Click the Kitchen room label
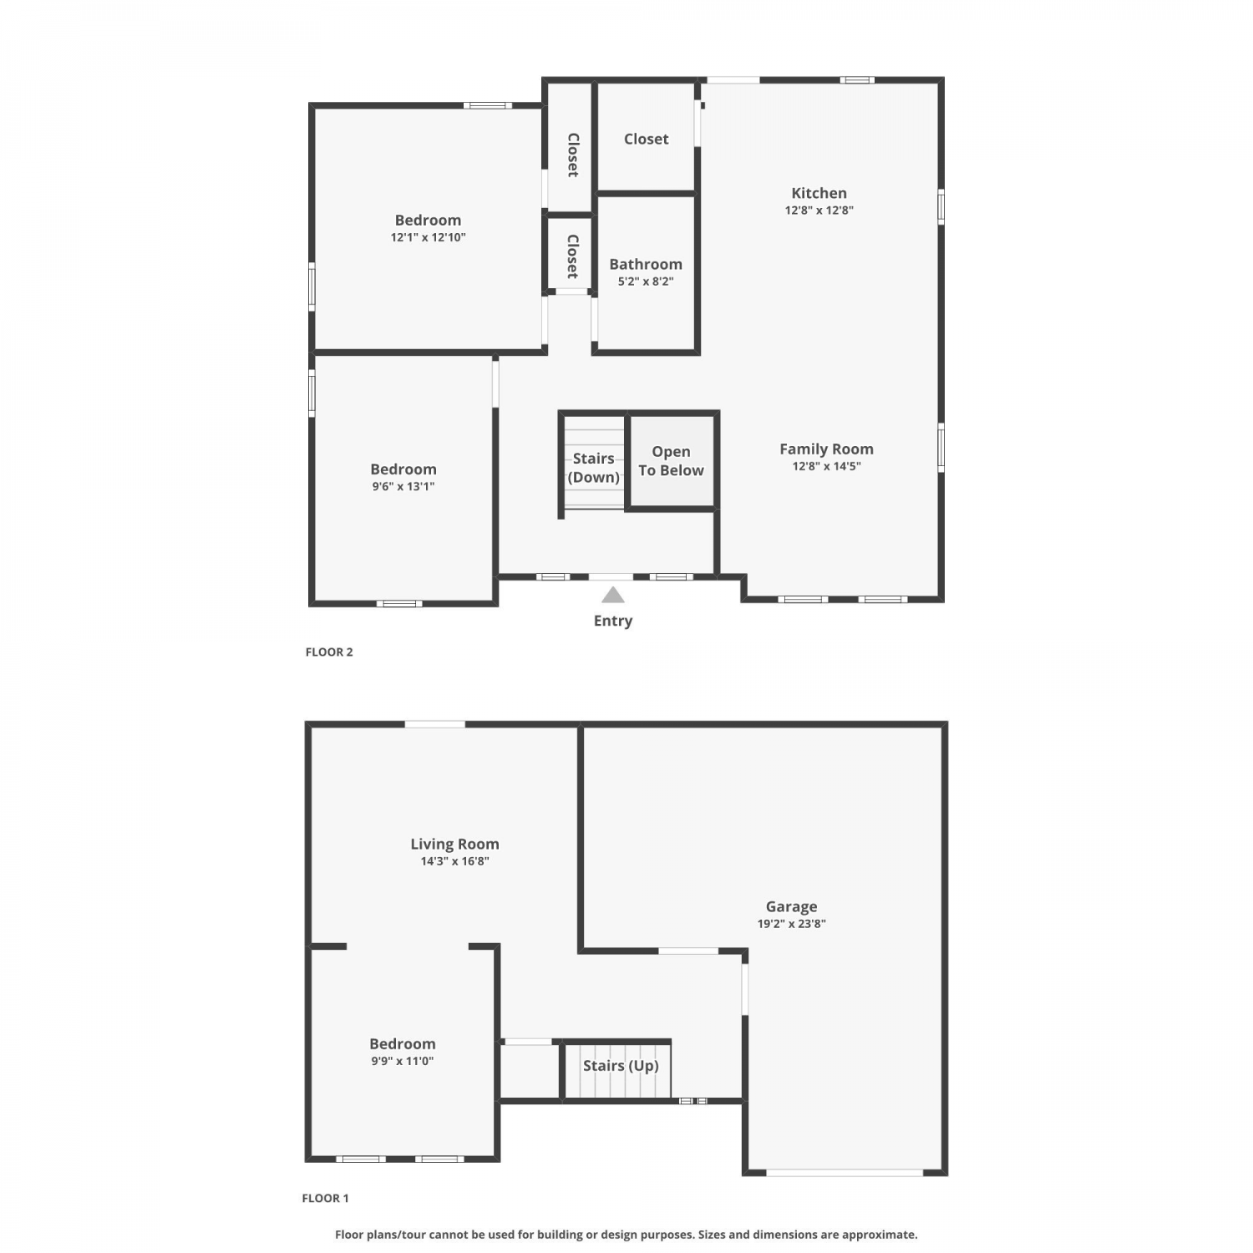click(x=819, y=193)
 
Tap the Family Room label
click(x=826, y=449)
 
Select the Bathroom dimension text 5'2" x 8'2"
click(x=646, y=282)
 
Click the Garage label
click(x=791, y=907)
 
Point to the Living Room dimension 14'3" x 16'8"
click(x=454, y=861)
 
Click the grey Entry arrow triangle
click(x=613, y=595)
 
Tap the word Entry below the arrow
click(x=613, y=621)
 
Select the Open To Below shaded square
click(x=672, y=461)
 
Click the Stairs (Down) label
click(x=594, y=468)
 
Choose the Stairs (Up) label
click(x=621, y=1066)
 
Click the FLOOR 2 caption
click(x=329, y=652)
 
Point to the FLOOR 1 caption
click(x=325, y=1198)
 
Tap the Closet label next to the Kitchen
click(x=646, y=140)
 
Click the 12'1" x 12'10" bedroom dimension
click(x=428, y=237)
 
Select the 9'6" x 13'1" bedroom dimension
click(x=403, y=486)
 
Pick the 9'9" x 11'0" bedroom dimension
click(x=403, y=1061)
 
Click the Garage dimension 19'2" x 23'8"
click(x=791, y=924)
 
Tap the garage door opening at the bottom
click(x=845, y=1173)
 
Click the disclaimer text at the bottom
click(x=626, y=1235)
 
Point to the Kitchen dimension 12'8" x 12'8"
click(x=819, y=211)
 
